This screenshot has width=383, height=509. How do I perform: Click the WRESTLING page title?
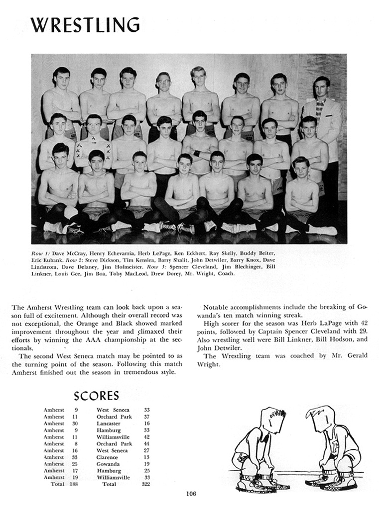tap(85, 25)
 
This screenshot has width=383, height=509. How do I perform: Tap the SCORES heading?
tap(96, 396)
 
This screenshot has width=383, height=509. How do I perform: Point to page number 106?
tap(191, 494)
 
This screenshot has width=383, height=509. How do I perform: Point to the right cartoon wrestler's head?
tap(320, 419)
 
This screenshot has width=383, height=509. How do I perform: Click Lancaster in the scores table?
tap(109, 424)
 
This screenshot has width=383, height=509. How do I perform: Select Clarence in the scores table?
tap(108, 457)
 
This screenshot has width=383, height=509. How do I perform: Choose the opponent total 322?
tap(145, 484)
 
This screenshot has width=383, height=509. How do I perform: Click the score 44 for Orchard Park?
tap(146, 444)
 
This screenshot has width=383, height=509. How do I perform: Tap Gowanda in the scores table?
tap(109, 464)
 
